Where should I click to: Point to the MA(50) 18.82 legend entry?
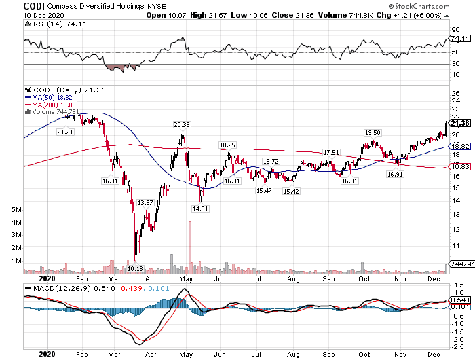[49, 96]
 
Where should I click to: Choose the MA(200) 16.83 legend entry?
[51, 104]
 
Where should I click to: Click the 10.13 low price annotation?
[136, 268]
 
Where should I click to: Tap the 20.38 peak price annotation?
[181, 124]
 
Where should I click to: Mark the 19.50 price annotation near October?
[373, 132]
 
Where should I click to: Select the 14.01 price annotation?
[199, 209]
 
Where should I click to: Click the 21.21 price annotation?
[66, 131]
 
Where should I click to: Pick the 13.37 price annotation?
[145, 202]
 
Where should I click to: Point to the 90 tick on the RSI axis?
[456, 30]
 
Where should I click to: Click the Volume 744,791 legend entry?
[52, 111]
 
